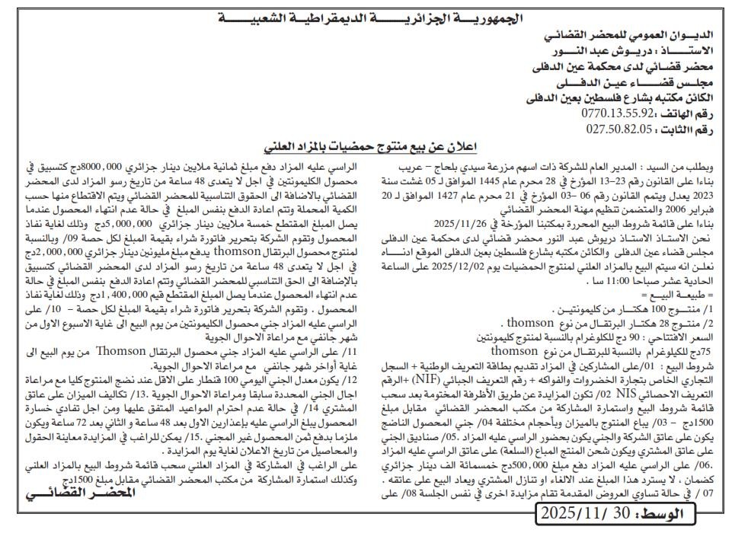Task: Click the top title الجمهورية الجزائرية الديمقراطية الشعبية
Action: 373,18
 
